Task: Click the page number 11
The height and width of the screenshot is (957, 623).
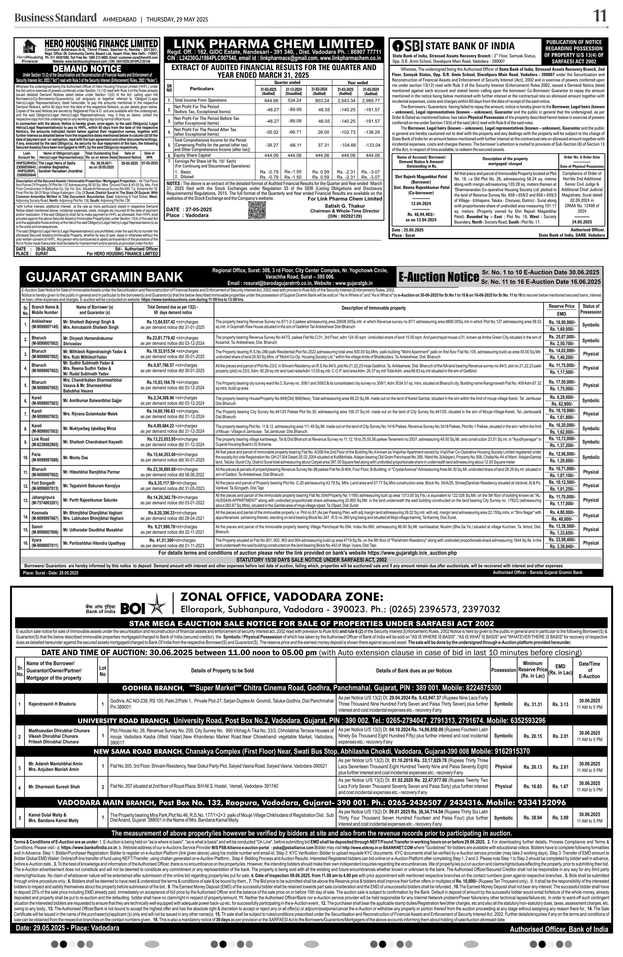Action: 600,17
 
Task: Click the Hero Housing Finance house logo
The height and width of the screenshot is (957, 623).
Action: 29,47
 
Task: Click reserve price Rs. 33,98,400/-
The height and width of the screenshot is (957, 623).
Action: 562,540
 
